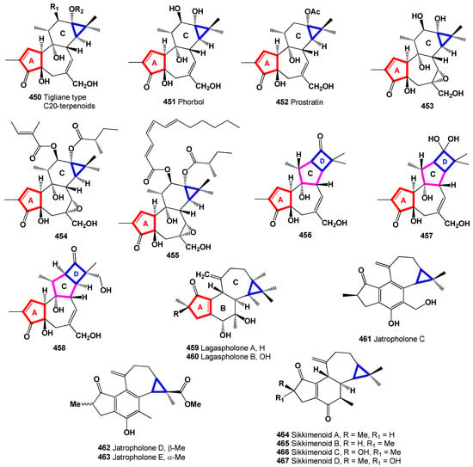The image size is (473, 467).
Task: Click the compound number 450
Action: point(34,97)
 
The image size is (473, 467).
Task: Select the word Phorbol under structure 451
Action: point(191,101)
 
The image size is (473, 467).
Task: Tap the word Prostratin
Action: point(307,102)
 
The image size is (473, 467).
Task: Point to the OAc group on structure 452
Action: point(312,12)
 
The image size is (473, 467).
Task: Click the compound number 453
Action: point(427,106)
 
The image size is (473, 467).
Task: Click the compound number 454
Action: point(61,237)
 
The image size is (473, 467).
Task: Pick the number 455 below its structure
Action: point(173,255)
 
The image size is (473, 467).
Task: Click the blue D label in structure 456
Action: point(322,162)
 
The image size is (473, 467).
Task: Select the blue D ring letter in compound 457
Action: point(445,162)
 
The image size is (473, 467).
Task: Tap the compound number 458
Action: point(59,347)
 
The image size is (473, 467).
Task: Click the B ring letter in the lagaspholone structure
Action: point(223,308)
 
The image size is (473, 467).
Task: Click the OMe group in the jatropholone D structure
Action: point(193,403)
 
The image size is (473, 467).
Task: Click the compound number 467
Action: point(283,461)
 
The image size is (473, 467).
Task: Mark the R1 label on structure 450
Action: point(54,8)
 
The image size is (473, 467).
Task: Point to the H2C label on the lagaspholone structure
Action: point(203,274)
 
